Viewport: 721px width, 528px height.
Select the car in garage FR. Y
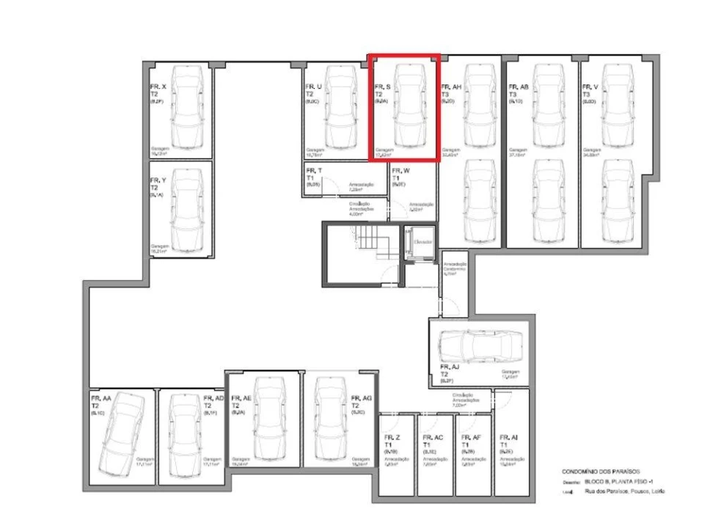pos(188,206)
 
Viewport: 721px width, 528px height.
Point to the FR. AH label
pos(451,87)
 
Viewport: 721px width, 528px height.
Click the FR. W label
pos(400,171)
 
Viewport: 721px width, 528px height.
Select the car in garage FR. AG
pos(328,418)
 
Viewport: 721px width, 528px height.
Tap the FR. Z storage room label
pos(392,438)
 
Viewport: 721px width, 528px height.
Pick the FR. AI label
pos(508,438)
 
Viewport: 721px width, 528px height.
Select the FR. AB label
pos(519,87)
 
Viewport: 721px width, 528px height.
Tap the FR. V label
pos(590,87)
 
